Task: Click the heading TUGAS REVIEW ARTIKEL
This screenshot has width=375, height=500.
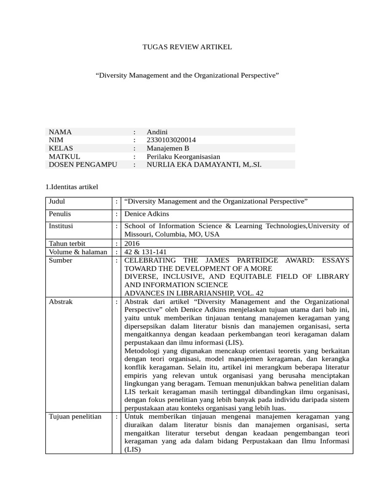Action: coord(187,47)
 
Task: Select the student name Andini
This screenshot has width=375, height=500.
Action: coord(160,132)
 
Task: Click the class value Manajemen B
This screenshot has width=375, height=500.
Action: coord(167,148)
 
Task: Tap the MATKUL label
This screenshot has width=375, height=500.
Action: coord(64,157)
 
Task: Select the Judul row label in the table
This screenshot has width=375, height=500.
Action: coord(57,201)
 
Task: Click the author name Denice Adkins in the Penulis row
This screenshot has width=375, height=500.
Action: coord(147,214)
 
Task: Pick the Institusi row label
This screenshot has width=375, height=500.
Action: coord(61,226)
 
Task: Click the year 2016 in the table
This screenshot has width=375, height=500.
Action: coord(132,243)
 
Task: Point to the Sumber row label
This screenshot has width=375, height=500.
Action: coord(61,260)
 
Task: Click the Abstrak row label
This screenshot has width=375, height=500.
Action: coord(61,302)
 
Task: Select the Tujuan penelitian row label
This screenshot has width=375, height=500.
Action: coord(75,417)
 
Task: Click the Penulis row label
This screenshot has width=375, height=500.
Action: coord(60,214)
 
